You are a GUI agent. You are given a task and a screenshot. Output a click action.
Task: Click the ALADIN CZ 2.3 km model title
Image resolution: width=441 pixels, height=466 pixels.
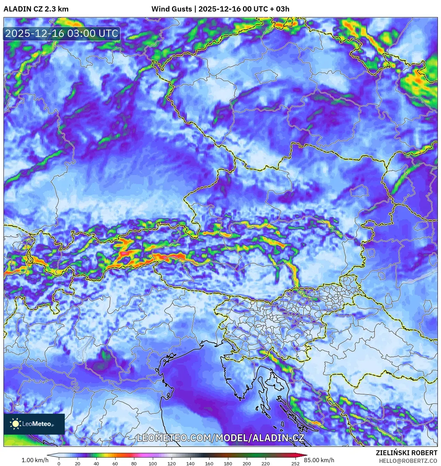pos(36,9)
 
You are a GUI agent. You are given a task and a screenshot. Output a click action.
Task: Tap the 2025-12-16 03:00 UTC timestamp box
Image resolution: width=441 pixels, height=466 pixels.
pos(62,33)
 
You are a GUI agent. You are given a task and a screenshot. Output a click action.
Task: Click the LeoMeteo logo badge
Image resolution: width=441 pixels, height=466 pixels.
pos(34,424)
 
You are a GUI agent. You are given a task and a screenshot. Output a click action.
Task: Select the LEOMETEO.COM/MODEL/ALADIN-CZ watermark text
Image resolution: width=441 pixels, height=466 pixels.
pos(221,438)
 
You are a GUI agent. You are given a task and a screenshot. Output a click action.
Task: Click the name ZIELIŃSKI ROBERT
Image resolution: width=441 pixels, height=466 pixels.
pos(406,453)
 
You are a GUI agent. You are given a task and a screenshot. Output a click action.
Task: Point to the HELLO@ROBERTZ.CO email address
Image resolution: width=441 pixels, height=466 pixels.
pos(408,461)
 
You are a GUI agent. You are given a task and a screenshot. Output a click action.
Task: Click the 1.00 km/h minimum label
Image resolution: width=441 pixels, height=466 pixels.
pos(35,460)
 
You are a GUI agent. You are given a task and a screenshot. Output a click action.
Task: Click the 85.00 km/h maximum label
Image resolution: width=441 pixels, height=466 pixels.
pos(319,460)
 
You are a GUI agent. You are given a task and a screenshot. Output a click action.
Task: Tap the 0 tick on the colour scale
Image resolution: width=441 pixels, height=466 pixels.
pos(59,464)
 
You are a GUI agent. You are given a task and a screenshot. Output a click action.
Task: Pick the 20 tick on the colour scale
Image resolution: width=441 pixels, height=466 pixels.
pos(78,464)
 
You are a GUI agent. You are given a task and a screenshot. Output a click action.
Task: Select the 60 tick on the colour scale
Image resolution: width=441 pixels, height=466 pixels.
pos(115,464)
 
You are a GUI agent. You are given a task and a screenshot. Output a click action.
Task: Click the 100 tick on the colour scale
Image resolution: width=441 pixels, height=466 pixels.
pos(153,464)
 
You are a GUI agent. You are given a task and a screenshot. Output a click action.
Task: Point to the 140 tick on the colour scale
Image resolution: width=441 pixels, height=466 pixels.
pos(190,464)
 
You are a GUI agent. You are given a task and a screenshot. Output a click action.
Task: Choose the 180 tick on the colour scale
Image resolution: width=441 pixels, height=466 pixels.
pos(228,464)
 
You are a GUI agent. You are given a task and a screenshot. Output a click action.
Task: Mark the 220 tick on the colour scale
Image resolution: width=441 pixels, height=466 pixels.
pos(266,464)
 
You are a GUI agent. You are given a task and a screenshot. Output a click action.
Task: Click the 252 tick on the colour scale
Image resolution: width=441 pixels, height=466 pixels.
pos(296,464)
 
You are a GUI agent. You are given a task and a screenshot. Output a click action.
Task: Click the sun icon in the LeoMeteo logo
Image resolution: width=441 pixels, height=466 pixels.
pos(16,423)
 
